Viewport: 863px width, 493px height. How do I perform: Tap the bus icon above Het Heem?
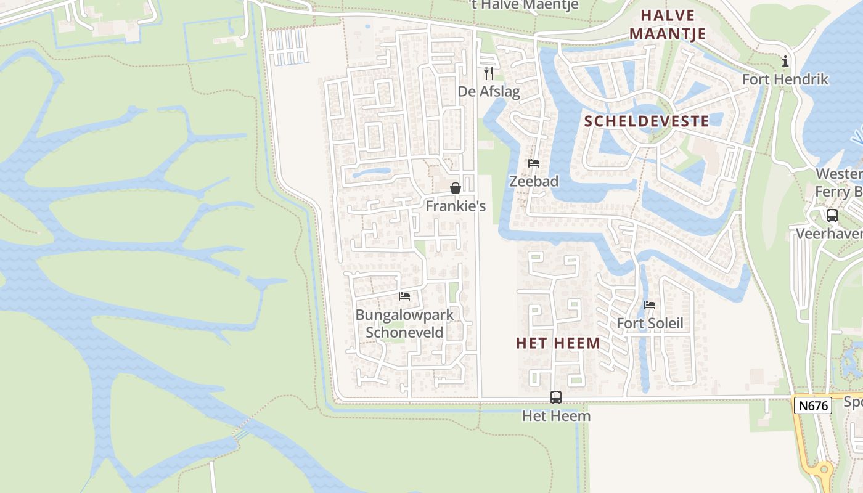point(556,397)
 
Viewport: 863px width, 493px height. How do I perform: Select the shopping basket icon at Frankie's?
point(456,188)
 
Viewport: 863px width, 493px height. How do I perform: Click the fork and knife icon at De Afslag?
point(489,74)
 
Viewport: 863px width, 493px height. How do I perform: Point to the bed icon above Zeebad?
point(534,163)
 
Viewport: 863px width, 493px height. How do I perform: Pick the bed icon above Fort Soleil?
point(650,305)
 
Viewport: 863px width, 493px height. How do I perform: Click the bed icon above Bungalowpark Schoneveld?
point(404,296)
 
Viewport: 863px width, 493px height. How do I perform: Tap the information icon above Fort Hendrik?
point(785,61)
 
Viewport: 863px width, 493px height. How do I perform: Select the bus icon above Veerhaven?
point(832,216)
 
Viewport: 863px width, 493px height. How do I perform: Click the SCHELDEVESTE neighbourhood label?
point(647,121)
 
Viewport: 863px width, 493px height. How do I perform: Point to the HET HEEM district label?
point(558,344)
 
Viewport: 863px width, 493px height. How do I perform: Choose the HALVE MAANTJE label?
point(668,25)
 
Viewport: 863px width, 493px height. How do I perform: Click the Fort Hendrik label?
point(785,79)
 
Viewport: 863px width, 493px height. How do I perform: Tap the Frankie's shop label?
point(456,206)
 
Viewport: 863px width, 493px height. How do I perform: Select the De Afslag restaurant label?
point(489,92)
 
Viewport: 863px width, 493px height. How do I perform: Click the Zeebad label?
point(534,181)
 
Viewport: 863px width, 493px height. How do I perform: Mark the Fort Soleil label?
point(650,324)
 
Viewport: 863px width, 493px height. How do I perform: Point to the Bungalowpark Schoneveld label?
point(404,324)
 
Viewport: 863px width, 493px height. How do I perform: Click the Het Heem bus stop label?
point(556,416)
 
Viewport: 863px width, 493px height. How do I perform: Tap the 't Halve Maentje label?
point(523,6)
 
